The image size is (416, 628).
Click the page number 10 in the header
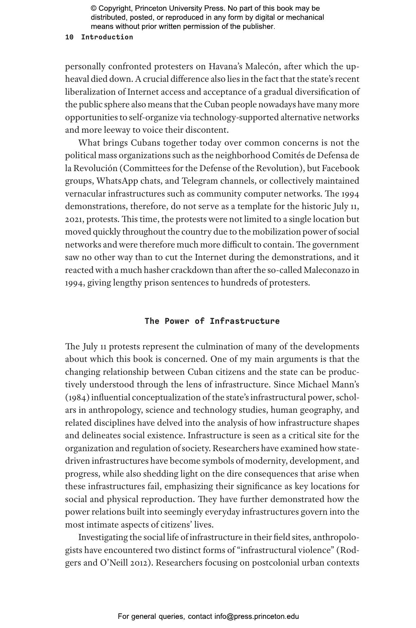[x=69, y=37]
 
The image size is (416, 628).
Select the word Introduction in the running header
[x=107, y=37]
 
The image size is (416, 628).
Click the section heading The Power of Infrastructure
[x=212, y=321]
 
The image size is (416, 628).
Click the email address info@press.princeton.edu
[x=256, y=616]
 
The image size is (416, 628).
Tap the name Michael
[x=312, y=385]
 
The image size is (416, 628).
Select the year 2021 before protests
[x=74, y=219]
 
